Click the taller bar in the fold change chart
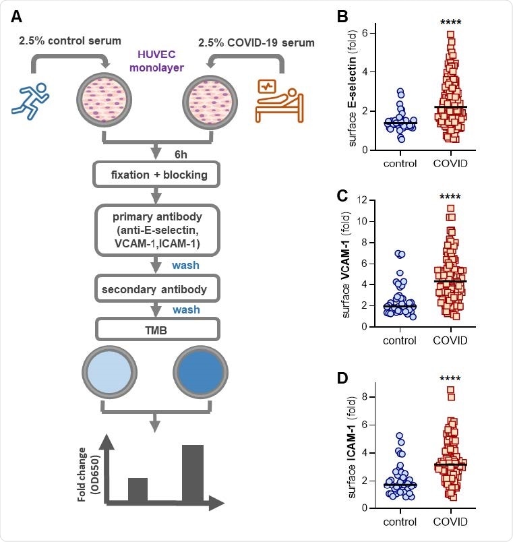[x=192, y=473]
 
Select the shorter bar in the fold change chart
[x=138, y=489]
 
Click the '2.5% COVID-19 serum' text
[x=255, y=43]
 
